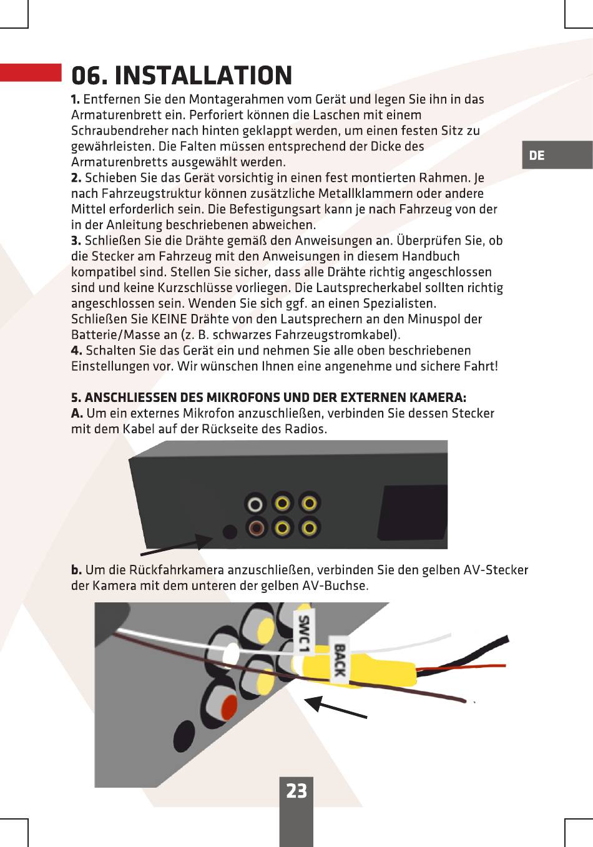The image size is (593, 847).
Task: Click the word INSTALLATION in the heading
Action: (x=203, y=75)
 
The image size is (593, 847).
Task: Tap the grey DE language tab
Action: (x=557, y=155)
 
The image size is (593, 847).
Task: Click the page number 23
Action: (x=296, y=791)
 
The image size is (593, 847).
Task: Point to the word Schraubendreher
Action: (x=119, y=130)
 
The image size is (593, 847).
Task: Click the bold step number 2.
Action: (x=76, y=178)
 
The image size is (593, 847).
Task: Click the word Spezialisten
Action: (x=399, y=303)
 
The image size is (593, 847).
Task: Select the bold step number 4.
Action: (x=76, y=351)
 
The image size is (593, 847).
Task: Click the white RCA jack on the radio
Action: (x=255, y=504)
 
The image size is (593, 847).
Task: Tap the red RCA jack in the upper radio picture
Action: (x=256, y=528)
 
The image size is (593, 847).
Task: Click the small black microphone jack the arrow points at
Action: (x=230, y=532)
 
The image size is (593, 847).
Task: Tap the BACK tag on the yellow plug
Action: (x=339, y=660)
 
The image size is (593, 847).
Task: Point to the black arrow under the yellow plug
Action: (x=335, y=707)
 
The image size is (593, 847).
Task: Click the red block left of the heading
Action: (x=31, y=72)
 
